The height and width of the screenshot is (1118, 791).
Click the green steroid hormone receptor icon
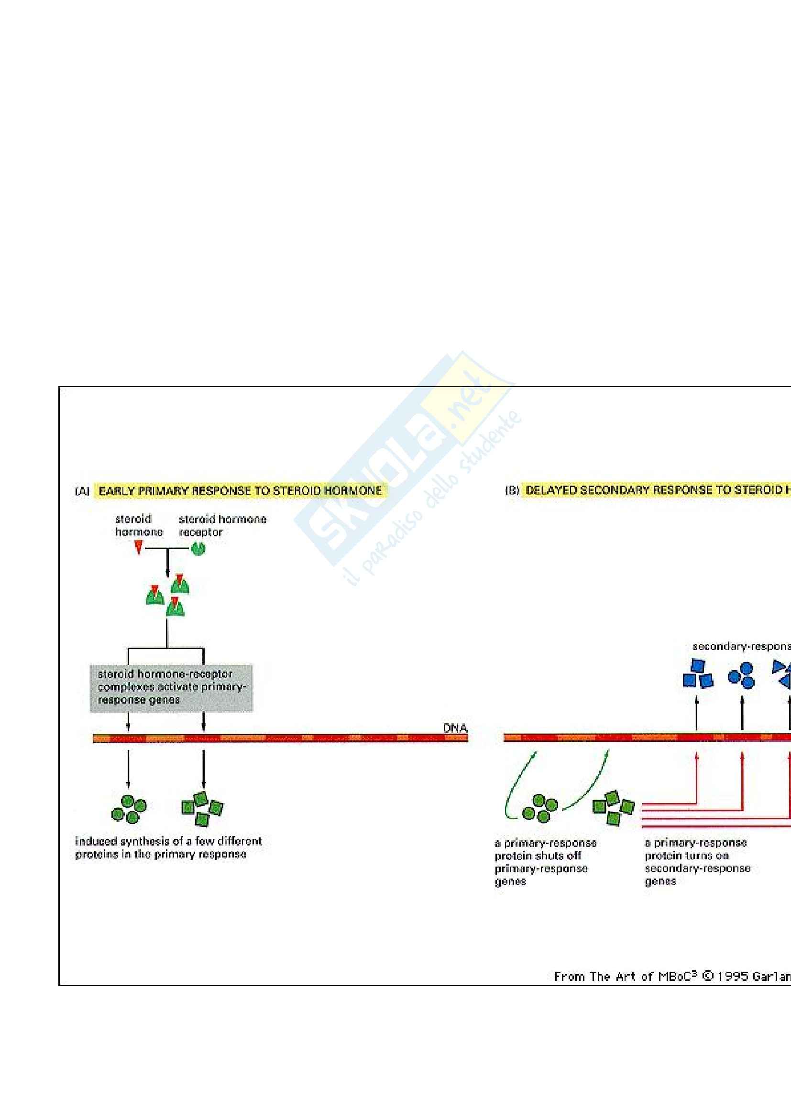tap(199, 549)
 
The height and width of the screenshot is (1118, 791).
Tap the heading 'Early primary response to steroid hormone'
tap(240, 490)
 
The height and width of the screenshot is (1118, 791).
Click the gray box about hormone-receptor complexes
tap(172, 687)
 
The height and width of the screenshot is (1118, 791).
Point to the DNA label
tap(455, 728)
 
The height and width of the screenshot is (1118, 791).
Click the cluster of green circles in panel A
tap(129, 809)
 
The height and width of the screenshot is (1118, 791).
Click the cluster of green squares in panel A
tap(202, 809)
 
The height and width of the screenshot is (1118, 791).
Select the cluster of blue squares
tap(697, 674)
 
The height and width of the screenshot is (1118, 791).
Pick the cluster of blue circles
tap(742, 675)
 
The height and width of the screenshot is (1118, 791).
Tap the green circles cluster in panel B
tap(539, 808)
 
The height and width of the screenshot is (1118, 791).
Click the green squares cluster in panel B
tap(613, 808)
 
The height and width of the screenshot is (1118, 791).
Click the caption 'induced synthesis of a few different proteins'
tap(168, 848)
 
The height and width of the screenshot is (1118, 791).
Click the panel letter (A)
tap(82, 491)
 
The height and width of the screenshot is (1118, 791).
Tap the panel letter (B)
tap(512, 490)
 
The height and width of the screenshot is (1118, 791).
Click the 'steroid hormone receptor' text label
tap(222, 525)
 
